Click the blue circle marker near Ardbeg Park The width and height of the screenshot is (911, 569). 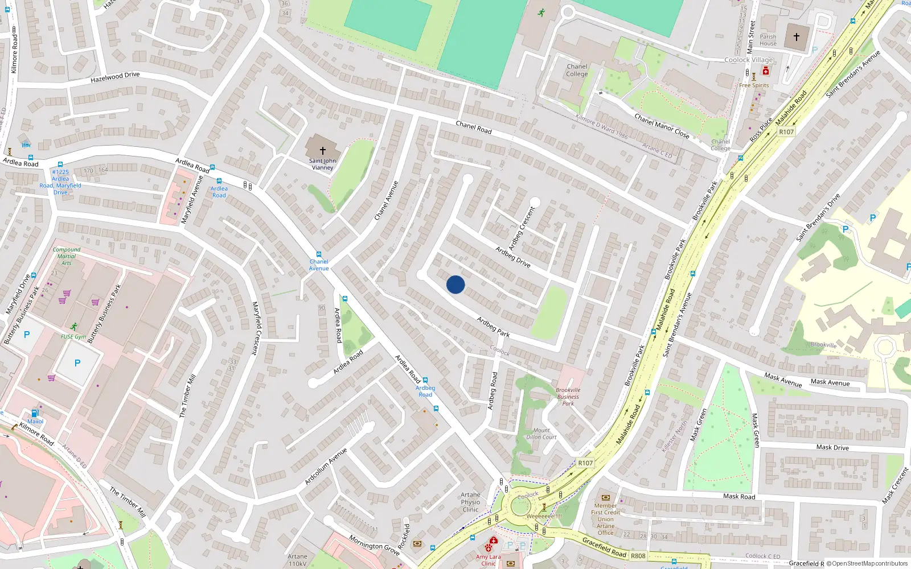pyautogui.click(x=455, y=284)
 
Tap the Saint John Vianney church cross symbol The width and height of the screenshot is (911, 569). pyautogui.click(x=323, y=150)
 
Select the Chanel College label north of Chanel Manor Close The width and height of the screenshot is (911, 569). pyautogui.click(x=577, y=70)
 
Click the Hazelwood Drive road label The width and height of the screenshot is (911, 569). pyautogui.click(x=115, y=77)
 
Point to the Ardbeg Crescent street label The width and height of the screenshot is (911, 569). pyautogui.click(x=522, y=228)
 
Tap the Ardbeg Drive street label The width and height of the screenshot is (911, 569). pyautogui.click(x=512, y=257)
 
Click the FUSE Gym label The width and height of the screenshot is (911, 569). pyautogui.click(x=73, y=336)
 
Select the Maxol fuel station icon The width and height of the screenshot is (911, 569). pyautogui.click(x=35, y=413)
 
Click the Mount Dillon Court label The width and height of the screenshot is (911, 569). pyautogui.click(x=541, y=434)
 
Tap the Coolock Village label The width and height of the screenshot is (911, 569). pyautogui.click(x=748, y=60)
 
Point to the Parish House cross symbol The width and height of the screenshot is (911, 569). pyautogui.click(x=797, y=36)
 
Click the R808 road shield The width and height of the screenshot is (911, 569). pyautogui.click(x=638, y=555)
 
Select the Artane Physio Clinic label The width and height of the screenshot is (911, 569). pyautogui.click(x=470, y=502)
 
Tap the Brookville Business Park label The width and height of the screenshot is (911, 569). pyautogui.click(x=568, y=397)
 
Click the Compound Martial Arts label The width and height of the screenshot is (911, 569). pyautogui.click(x=67, y=256)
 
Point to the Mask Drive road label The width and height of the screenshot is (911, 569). pyautogui.click(x=832, y=447)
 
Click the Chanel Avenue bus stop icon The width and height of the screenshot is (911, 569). pyautogui.click(x=319, y=254)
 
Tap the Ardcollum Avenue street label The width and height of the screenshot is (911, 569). pyautogui.click(x=326, y=467)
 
